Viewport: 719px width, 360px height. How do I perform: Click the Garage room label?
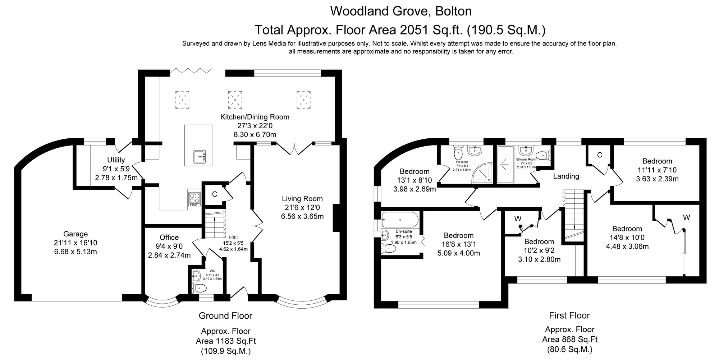tap(75, 234)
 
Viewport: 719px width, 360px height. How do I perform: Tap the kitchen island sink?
tap(199, 156)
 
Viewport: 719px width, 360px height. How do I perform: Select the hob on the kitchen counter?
tap(194, 198)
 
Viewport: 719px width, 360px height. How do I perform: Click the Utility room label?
tap(116, 160)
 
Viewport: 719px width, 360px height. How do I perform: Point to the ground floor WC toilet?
tap(200, 288)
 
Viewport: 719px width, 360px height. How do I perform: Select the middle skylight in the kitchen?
tap(235, 100)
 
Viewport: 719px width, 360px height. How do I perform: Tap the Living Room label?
tap(302, 199)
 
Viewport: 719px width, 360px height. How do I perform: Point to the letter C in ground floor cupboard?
tap(214, 194)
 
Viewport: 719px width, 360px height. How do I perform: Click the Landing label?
tap(566, 176)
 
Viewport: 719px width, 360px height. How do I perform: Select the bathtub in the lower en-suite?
tap(400, 219)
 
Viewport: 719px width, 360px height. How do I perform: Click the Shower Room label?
tap(526, 159)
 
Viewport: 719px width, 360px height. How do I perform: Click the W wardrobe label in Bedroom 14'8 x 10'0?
tap(686, 217)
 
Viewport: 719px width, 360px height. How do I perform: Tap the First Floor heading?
tap(569, 315)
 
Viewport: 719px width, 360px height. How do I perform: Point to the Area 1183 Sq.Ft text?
tap(226, 341)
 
